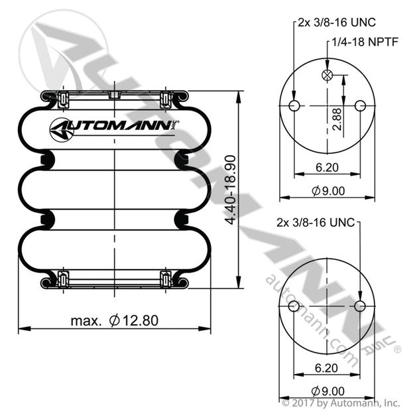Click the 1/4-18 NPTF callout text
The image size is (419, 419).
(365, 42)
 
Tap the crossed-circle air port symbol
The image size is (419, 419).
(327, 75)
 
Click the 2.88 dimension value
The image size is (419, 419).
(337, 119)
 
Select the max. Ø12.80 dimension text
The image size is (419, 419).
(115, 320)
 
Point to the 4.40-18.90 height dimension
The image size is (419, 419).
(230, 190)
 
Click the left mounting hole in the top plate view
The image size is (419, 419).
(294, 105)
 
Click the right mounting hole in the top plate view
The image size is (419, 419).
(360, 105)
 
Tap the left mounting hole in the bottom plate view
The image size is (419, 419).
(294, 306)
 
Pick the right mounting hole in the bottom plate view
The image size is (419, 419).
(360, 306)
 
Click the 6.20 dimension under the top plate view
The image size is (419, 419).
(327, 168)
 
